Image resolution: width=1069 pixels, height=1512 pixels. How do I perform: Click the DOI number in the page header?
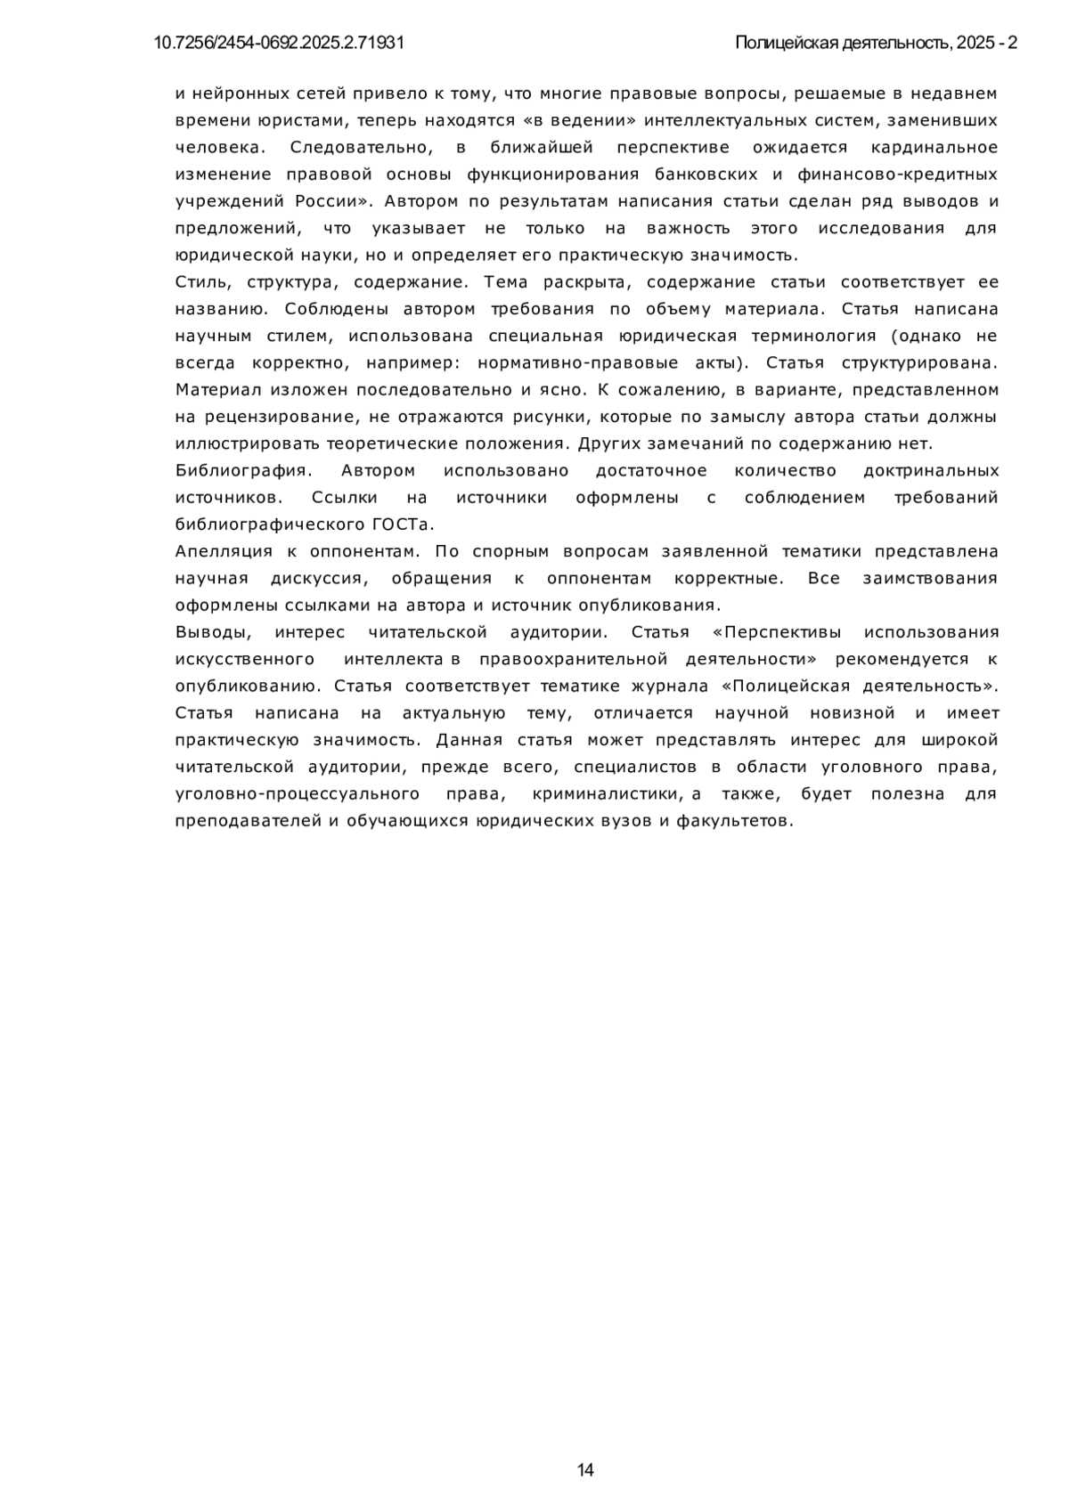pyautogui.click(x=279, y=43)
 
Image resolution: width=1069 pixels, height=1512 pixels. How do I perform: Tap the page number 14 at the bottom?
pyautogui.click(x=585, y=1469)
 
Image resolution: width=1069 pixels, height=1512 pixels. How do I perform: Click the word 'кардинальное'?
pyautogui.click(x=934, y=147)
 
